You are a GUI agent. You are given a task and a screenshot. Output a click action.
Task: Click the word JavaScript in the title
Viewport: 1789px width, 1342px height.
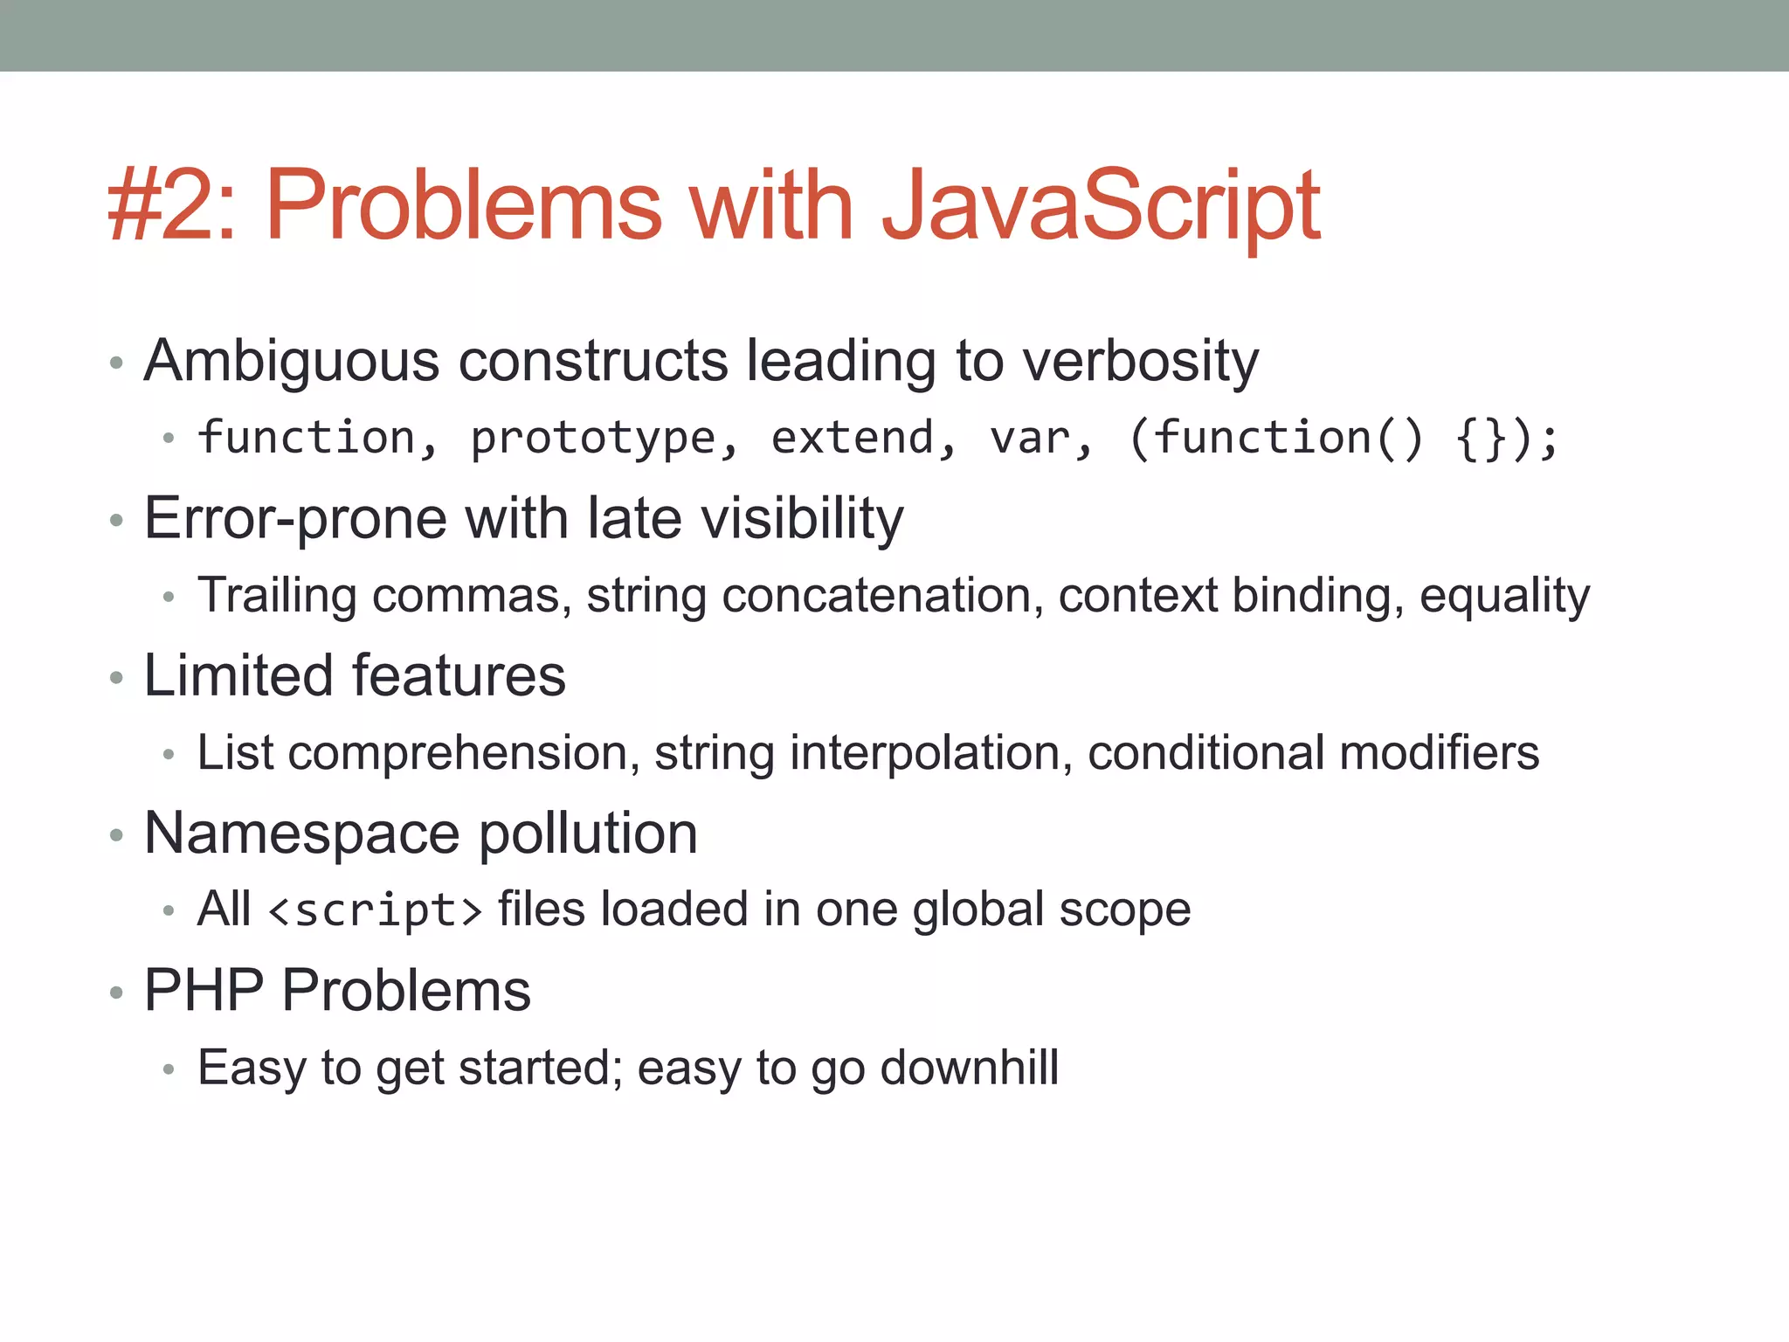click(x=1101, y=206)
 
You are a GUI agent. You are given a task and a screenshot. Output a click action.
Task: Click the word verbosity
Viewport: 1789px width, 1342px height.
click(x=1141, y=361)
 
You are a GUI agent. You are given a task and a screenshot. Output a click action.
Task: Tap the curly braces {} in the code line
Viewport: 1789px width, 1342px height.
click(x=1482, y=438)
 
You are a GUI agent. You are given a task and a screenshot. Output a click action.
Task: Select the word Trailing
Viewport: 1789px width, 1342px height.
click(x=277, y=596)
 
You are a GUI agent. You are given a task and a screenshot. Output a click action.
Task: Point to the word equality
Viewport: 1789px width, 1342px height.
click(x=1504, y=596)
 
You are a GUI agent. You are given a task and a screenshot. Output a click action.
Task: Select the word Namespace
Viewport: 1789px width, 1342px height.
click(x=301, y=834)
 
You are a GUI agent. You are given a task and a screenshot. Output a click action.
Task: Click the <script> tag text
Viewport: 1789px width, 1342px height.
click(x=376, y=910)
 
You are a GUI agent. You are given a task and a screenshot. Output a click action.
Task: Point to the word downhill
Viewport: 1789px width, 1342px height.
click(x=969, y=1068)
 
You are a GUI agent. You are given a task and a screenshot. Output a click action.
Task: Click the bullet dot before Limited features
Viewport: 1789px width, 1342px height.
click(x=116, y=678)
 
